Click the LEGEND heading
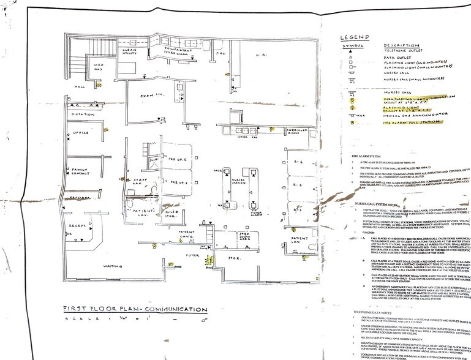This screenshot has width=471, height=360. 356,37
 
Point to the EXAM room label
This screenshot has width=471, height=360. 150,96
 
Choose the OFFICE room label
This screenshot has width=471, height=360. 81,133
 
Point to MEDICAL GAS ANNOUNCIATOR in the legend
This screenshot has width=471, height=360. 420,114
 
